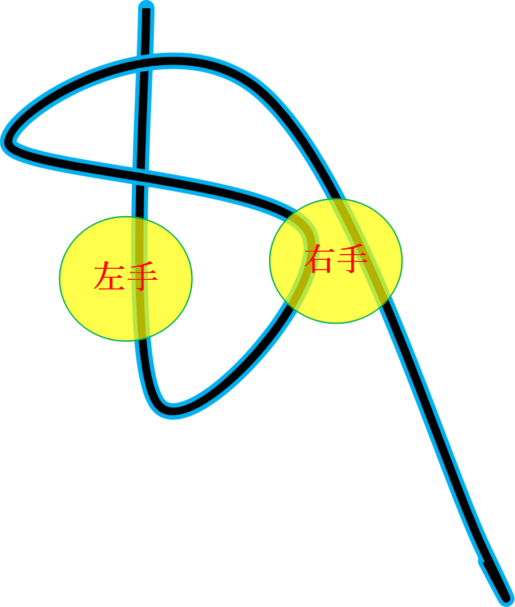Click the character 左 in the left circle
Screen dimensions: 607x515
[x=109, y=276]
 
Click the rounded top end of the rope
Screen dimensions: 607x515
[x=146, y=8]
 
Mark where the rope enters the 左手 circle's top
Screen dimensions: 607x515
[x=139, y=218]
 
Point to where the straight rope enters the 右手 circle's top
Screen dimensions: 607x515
[x=336, y=200]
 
